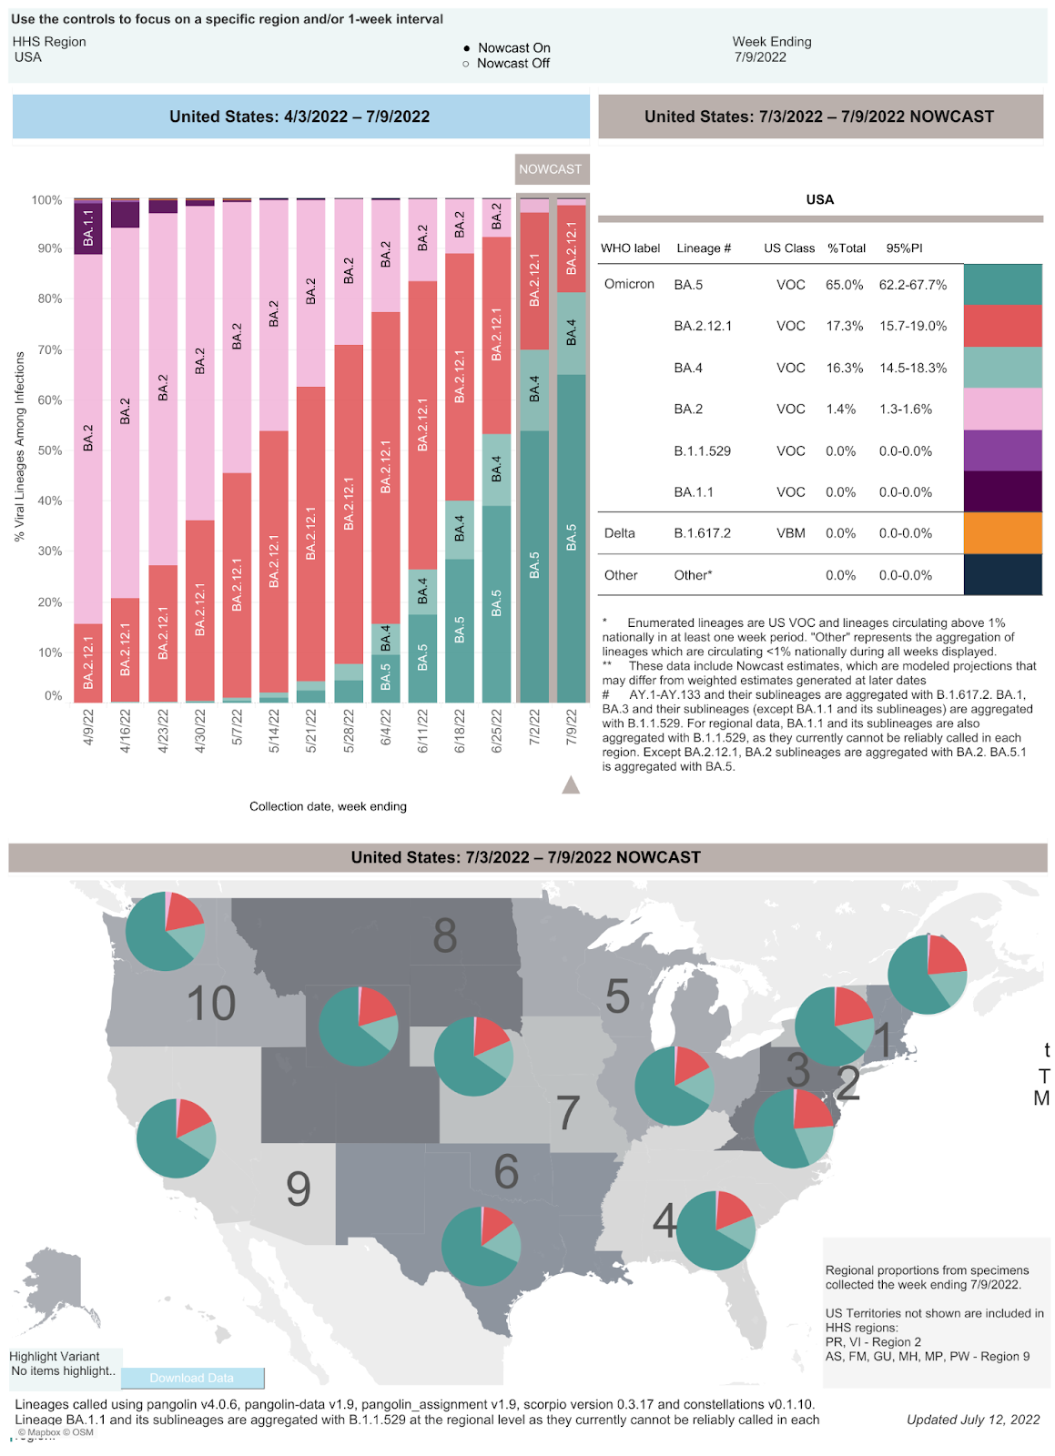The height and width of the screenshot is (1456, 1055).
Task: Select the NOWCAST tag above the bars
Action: pos(550,169)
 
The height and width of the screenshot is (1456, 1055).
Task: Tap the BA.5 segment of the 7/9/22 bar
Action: pos(572,537)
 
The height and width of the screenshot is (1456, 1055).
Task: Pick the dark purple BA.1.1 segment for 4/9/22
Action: pos(88,227)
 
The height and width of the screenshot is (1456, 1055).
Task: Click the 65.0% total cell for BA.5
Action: pos(844,285)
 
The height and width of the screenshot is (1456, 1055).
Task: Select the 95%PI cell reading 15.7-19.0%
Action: pos(912,326)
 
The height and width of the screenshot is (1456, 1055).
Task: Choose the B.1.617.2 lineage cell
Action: pos(702,533)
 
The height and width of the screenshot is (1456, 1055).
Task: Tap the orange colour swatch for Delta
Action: pos(1002,533)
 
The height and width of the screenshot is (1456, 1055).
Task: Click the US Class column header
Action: pos(789,248)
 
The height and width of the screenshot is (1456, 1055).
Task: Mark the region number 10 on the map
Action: pos(211,1004)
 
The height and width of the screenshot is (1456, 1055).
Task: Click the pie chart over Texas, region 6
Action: pos(481,1246)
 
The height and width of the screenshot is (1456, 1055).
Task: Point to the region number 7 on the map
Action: pos(568,1112)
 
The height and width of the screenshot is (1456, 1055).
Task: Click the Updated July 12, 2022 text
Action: pos(972,1420)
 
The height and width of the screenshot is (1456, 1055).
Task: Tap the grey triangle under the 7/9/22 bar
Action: pos(571,784)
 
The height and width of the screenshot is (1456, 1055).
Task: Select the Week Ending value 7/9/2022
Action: pos(760,57)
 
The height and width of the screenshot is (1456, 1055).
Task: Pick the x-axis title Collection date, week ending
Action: pos(328,806)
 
